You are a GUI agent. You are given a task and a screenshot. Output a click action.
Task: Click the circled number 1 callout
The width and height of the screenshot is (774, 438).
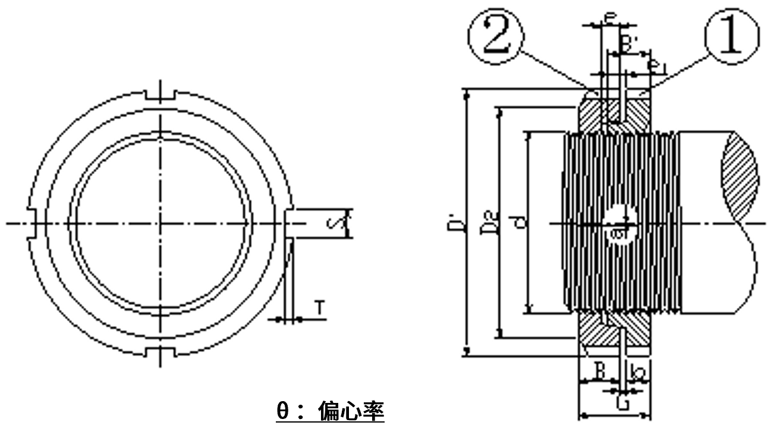click(732, 37)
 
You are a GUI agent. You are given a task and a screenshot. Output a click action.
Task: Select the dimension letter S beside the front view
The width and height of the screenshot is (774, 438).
click(333, 224)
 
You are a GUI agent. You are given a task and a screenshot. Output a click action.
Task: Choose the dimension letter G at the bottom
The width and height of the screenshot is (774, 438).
click(622, 405)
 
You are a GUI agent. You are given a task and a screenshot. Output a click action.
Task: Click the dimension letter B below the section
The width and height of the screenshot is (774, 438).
click(600, 373)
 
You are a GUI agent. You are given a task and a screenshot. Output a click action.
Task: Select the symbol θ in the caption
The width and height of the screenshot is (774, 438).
click(283, 411)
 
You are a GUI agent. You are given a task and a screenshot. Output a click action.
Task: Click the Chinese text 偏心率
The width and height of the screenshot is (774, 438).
click(351, 411)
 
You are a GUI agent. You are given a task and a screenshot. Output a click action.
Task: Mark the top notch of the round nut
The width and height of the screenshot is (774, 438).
click(161, 95)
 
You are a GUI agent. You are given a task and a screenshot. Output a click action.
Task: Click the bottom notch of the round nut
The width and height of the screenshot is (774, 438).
click(161, 352)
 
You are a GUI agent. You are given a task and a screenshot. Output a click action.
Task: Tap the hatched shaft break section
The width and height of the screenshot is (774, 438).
click(740, 166)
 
